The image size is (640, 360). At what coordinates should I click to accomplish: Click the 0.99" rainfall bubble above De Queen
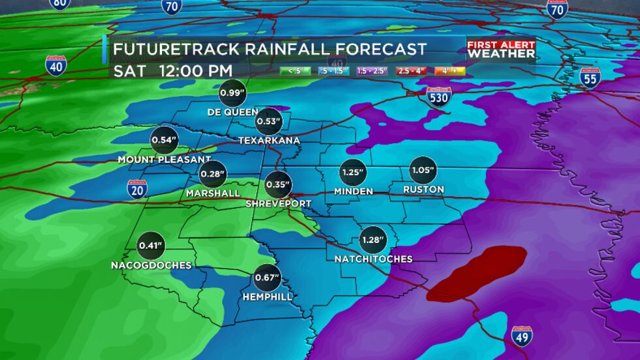[x=232, y=93]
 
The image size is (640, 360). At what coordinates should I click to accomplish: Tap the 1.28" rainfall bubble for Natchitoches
[x=373, y=240]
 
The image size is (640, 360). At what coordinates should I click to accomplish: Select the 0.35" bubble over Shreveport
[x=278, y=184]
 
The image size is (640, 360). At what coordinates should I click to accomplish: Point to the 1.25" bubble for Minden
[x=353, y=172]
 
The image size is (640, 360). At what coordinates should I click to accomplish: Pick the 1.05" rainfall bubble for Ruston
[x=423, y=170]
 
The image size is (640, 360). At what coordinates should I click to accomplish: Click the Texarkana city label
[x=269, y=140]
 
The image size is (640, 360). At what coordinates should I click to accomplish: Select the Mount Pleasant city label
[x=164, y=159]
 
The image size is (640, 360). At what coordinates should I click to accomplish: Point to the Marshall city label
[x=213, y=193]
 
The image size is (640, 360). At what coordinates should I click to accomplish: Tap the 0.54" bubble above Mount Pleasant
[x=164, y=140]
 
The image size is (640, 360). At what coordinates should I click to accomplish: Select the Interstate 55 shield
[x=590, y=76]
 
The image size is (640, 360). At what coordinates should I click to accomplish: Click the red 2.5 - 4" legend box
[x=411, y=71]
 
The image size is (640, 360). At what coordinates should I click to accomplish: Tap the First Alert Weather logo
[x=501, y=49]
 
